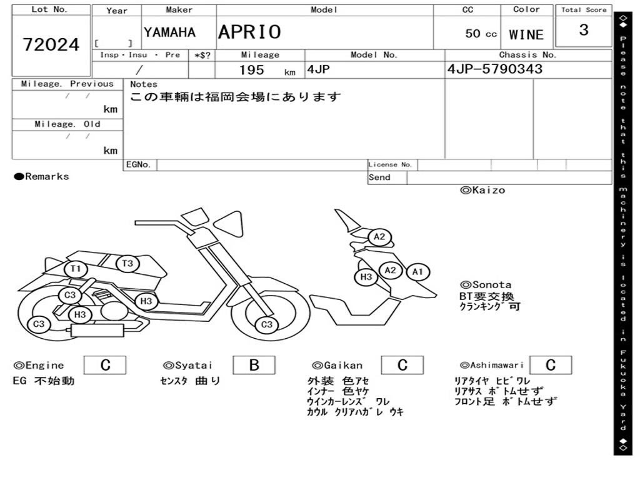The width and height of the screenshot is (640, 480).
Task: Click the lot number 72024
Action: click(51, 44)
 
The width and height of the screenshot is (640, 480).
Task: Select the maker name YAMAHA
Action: click(169, 32)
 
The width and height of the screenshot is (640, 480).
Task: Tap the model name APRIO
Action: click(249, 32)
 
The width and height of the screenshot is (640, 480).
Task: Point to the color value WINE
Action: click(526, 35)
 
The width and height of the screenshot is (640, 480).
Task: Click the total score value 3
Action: click(583, 30)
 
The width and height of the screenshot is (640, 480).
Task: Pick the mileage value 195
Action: click(252, 70)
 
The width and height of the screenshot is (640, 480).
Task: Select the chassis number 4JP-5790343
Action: click(494, 69)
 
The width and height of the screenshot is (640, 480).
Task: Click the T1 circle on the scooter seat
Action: click(76, 269)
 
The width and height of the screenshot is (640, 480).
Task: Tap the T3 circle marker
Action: click(127, 263)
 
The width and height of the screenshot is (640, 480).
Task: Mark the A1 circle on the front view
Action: click(418, 272)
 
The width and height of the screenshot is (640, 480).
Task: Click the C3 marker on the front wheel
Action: click(267, 324)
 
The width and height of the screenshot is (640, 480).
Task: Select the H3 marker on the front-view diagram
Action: click(366, 277)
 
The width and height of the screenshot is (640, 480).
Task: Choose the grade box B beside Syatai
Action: click(254, 365)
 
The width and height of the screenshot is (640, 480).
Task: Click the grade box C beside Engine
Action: click(105, 365)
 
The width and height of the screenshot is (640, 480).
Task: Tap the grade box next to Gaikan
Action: click(402, 365)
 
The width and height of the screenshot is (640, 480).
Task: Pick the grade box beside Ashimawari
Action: click(550, 365)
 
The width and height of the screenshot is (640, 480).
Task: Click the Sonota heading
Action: click(486, 284)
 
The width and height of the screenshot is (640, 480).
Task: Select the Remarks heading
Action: click(42, 176)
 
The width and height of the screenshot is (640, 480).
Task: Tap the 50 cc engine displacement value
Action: click(481, 34)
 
